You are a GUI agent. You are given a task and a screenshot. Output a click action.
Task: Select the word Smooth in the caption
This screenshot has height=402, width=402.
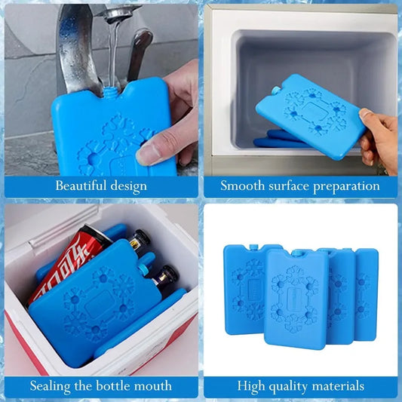click(x=241, y=186)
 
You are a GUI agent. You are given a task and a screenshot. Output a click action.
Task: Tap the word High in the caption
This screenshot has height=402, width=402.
click(x=252, y=386)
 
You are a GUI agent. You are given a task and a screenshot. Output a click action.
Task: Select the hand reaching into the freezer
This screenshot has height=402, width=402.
click(x=379, y=136)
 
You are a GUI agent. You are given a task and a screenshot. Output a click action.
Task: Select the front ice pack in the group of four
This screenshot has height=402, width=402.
click(x=296, y=298)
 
